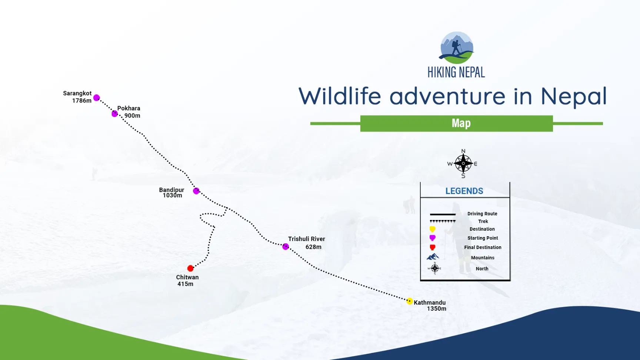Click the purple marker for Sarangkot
pos(97,98)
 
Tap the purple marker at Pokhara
pos(115,114)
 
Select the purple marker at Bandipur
pos(196,191)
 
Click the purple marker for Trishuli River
pos(286,247)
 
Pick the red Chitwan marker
pos(190,268)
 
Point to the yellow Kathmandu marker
pos(410,301)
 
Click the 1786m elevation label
pos(81,101)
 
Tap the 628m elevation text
pos(313,247)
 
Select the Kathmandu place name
pos(430,303)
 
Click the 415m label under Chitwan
pos(185,284)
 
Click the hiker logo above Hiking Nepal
pos(457,48)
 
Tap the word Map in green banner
pos(461,123)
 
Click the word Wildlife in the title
pos(340,96)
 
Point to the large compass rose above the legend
pos(463,163)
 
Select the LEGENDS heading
pos(464,191)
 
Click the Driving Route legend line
pos(443,214)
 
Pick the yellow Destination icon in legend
pos(432,229)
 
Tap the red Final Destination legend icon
pos(432,247)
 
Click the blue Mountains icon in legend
pos(433,257)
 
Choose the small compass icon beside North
pos(435,268)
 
